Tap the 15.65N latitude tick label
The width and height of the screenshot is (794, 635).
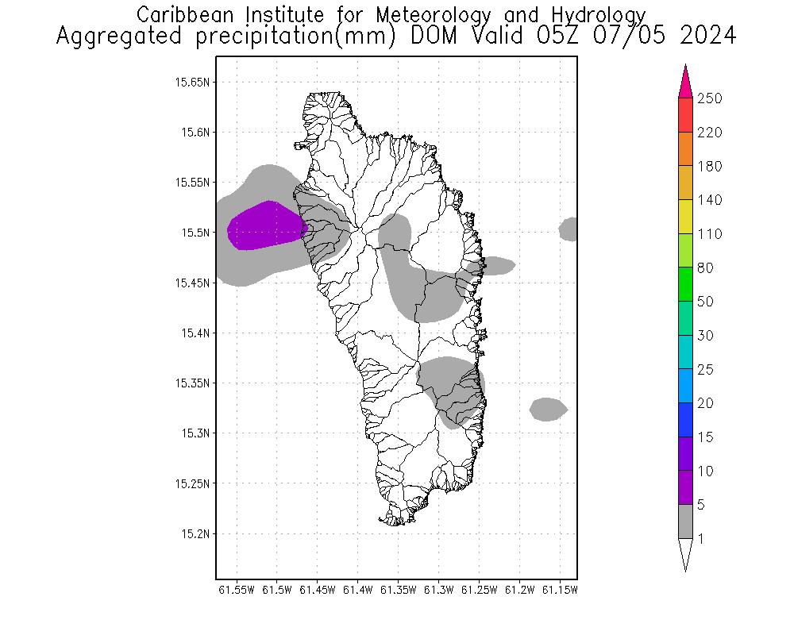(x=193, y=82)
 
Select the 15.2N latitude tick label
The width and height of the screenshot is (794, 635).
(x=195, y=533)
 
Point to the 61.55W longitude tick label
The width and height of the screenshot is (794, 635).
(x=237, y=590)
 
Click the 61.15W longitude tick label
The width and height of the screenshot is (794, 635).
(x=560, y=590)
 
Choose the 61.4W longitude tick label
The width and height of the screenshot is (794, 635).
(x=358, y=590)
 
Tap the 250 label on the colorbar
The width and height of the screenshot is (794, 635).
(x=709, y=99)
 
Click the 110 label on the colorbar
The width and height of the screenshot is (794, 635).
(x=709, y=234)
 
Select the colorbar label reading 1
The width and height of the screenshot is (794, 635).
(x=700, y=539)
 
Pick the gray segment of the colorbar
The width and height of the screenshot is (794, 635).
(x=686, y=521)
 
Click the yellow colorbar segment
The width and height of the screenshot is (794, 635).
(x=686, y=217)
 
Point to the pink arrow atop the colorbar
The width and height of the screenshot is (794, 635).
(x=686, y=81)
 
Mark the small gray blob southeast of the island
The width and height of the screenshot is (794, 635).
(x=548, y=410)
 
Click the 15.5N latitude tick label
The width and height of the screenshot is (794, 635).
(x=195, y=233)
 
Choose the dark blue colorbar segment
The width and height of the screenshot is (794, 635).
(x=686, y=420)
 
